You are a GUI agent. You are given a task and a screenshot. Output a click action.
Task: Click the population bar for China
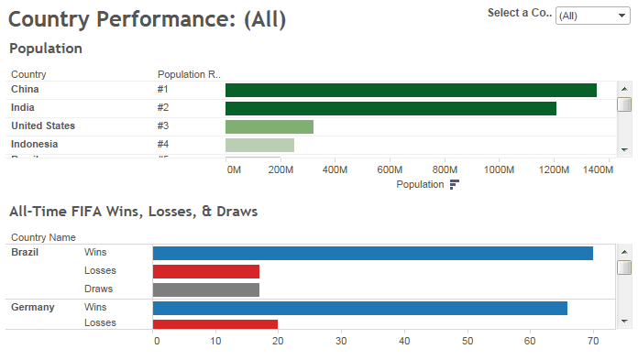pos(411,90)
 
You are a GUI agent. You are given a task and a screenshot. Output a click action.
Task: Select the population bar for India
pos(390,108)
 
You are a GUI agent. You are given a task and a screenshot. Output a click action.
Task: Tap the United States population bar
pos(269,126)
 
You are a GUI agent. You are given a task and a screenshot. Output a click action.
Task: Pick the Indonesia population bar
pos(259,145)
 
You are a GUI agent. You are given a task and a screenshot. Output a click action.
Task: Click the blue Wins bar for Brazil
pos(372,253)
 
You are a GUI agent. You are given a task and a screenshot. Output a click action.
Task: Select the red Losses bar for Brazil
pos(206,271)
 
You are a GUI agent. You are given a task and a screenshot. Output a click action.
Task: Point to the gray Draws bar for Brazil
pos(206,289)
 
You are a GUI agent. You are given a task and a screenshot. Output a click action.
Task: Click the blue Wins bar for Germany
pos(359,308)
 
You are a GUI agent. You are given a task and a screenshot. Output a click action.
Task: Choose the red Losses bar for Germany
pos(214,323)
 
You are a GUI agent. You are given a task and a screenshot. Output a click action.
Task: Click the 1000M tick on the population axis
pos(499,169)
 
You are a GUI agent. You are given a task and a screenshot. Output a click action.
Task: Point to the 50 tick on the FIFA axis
pos(467,341)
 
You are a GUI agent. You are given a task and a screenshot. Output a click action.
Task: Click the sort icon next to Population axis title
pos(455,184)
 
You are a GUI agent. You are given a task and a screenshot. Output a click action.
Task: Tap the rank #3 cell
pos(163,126)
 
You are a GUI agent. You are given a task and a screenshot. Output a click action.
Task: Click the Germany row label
pos(32,308)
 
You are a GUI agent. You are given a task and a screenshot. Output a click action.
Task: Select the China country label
pos(25,90)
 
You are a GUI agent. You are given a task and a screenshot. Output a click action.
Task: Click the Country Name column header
pos(43,236)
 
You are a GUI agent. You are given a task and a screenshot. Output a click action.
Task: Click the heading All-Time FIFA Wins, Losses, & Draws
pos(133,212)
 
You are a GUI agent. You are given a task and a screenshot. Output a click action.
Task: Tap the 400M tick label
pos(335,169)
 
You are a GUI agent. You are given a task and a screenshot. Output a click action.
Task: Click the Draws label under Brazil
pos(99,289)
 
